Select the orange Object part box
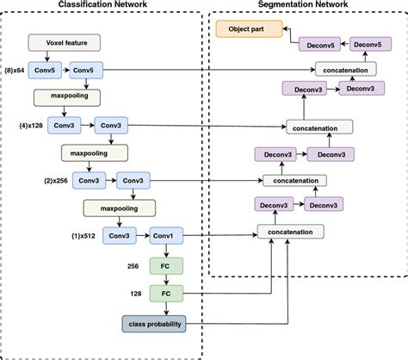(x=247, y=29)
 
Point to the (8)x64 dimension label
(x=14, y=68)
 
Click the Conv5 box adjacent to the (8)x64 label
(x=42, y=68)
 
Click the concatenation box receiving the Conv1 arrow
(x=290, y=233)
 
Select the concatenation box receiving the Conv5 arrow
(x=347, y=68)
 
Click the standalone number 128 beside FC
(x=136, y=294)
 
